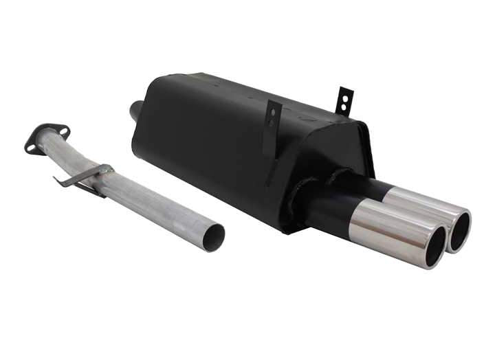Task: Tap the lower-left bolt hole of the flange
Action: (x=31, y=146)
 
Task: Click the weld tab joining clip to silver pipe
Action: (x=104, y=169)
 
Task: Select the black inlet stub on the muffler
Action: (x=135, y=110)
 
